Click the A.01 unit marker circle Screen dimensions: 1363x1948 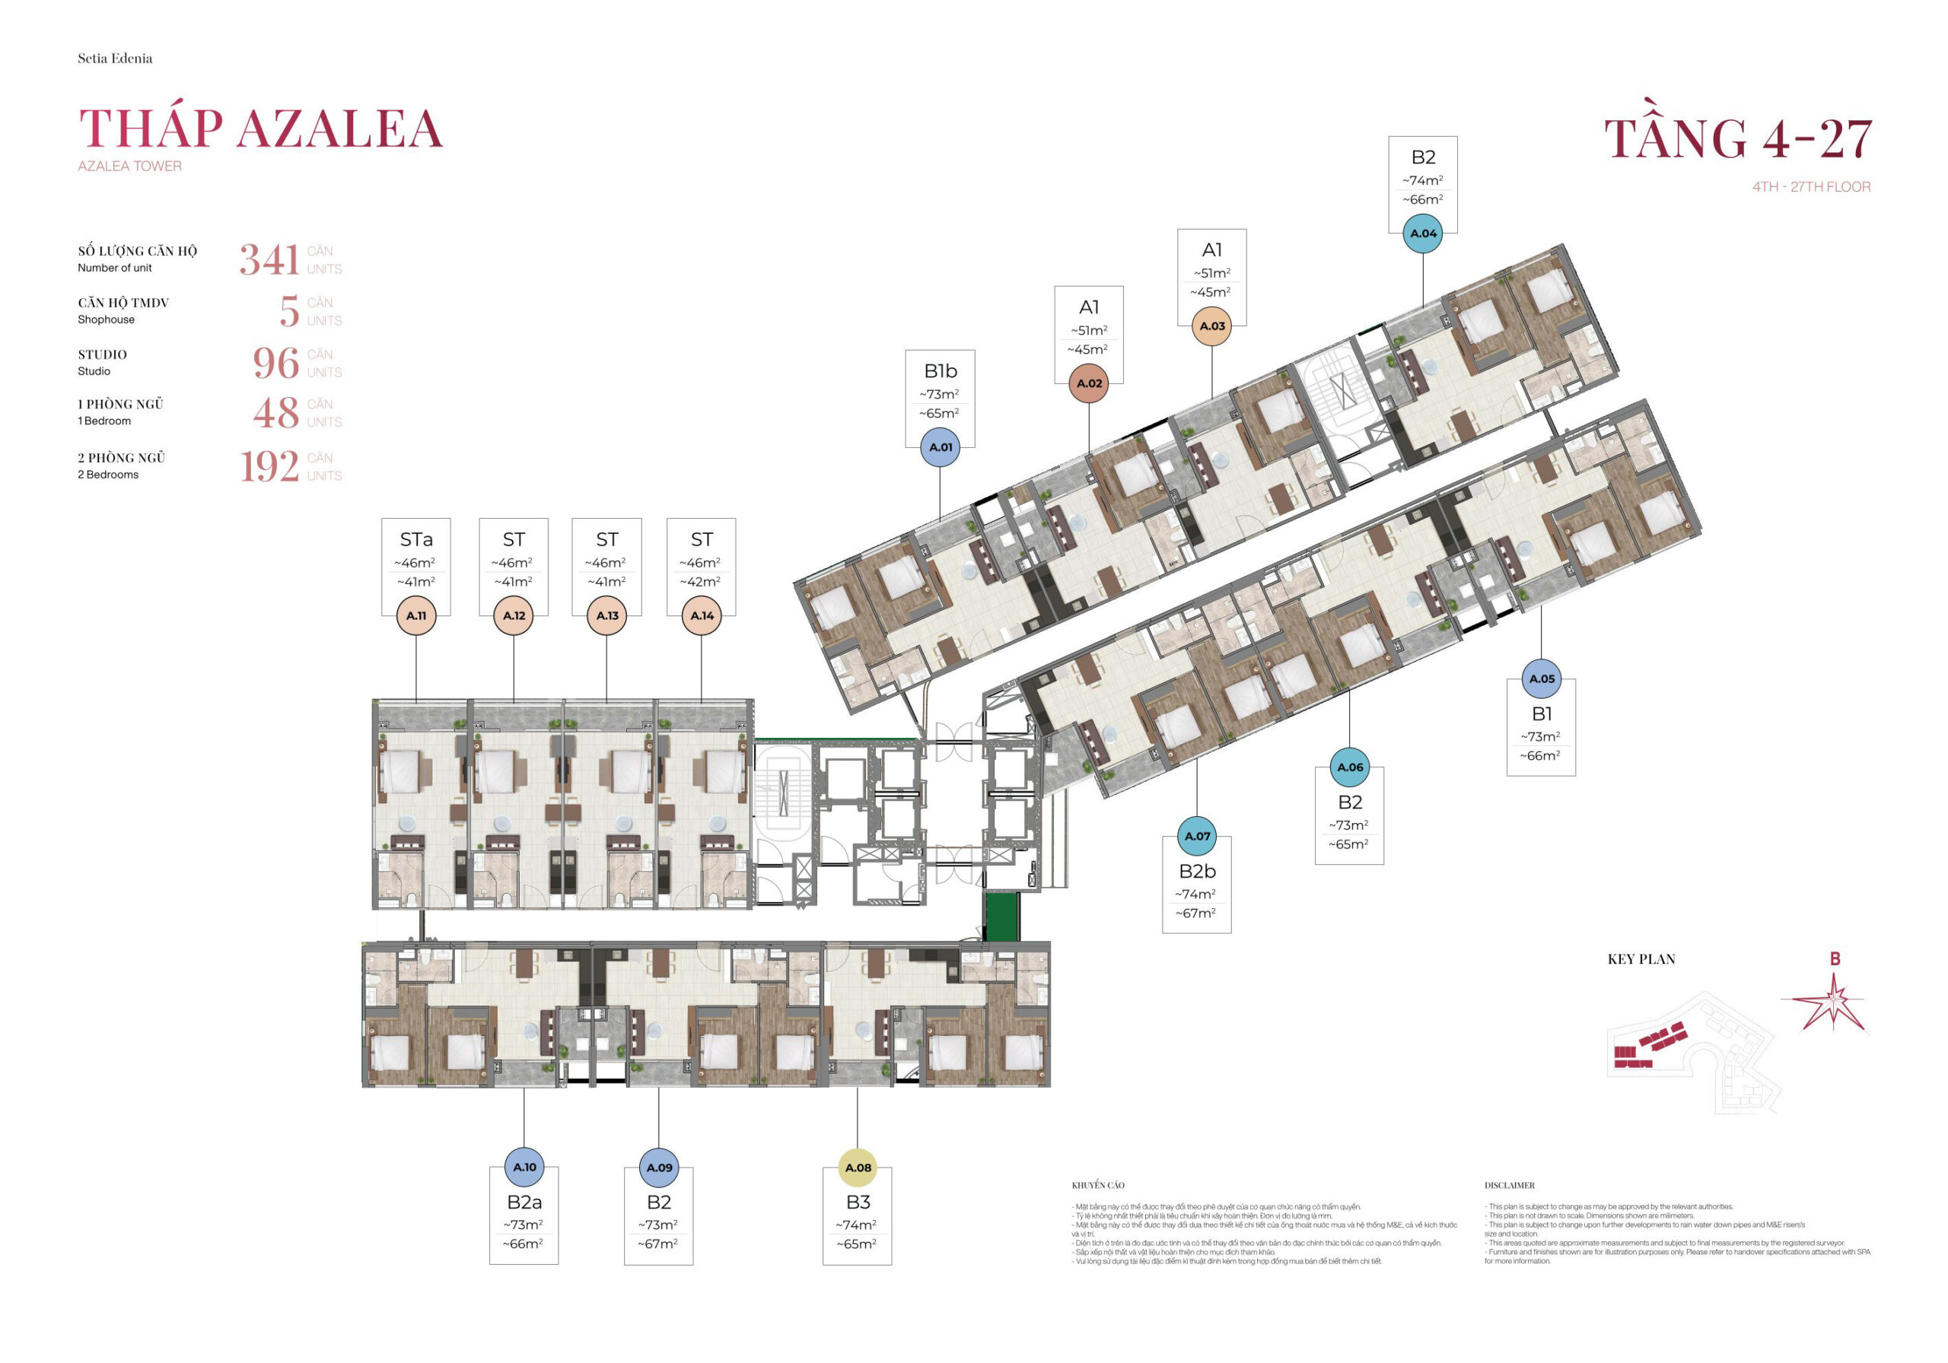[x=940, y=447]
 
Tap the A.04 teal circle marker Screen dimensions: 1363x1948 [x=1423, y=234]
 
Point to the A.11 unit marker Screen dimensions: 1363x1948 [x=415, y=616]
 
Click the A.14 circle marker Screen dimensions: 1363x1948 [x=702, y=616]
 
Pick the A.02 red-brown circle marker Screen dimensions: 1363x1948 [x=1090, y=383]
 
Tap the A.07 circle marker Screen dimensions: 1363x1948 [x=1197, y=837]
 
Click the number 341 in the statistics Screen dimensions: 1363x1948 [x=269, y=259]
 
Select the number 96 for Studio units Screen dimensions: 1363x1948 [x=275, y=363]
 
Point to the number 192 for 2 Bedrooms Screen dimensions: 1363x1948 [x=269, y=466]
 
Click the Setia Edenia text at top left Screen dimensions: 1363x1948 [x=116, y=59]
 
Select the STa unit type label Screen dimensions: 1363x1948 [x=415, y=539]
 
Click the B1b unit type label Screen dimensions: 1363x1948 [x=940, y=370]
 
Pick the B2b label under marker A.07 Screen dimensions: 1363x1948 [x=1197, y=871]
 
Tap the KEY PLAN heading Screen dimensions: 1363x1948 [x=1641, y=959]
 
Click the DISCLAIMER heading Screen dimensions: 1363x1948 [x=1510, y=1185]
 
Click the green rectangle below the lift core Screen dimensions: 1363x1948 [x=1001, y=916]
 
